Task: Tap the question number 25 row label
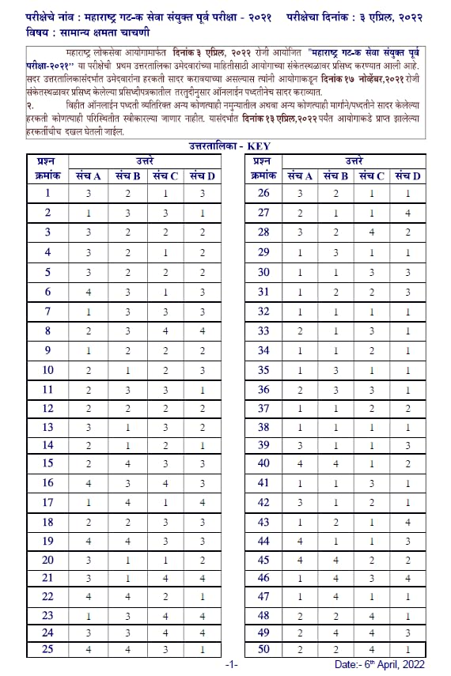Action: [47, 650]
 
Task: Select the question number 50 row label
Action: [263, 650]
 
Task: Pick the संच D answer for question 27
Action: [408, 213]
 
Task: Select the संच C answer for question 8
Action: [165, 330]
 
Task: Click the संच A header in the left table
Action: [89, 175]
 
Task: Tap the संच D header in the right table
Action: [408, 175]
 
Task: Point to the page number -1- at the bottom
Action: [231, 666]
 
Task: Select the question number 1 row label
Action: [47, 193]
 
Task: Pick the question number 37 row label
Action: [263, 408]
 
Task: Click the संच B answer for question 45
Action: [335, 560]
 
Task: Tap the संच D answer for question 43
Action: [408, 522]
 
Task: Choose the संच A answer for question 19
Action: [89, 541]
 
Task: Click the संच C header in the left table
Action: [165, 175]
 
